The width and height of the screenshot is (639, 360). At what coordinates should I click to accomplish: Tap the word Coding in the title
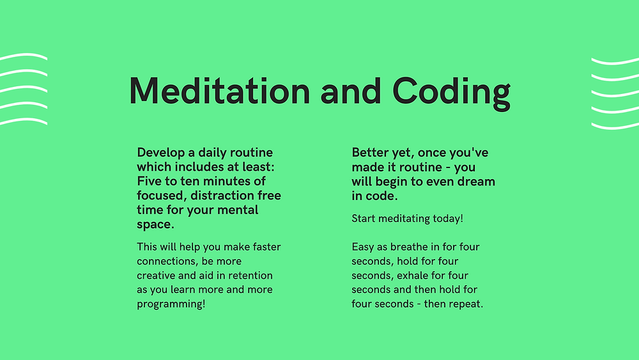click(x=451, y=93)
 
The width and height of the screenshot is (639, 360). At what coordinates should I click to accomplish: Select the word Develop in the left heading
click(x=160, y=153)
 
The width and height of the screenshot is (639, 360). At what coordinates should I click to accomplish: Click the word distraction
click(x=222, y=195)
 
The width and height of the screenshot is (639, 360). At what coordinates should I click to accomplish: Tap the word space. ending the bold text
click(x=155, y=225)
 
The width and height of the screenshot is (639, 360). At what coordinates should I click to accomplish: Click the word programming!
click(x=171, y=304)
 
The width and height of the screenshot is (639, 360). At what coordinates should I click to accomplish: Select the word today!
click(x=448, y=219)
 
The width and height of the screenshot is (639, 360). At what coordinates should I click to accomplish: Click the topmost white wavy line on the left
click(x=24, y=56)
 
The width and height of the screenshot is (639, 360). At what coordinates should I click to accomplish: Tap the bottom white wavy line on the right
click(x=615, y=127)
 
